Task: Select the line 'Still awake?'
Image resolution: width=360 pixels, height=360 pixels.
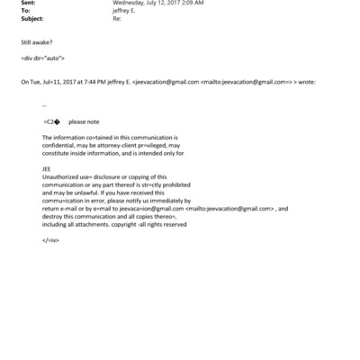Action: pos(36,42)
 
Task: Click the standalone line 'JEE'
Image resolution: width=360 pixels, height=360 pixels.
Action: pos(47,167)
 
